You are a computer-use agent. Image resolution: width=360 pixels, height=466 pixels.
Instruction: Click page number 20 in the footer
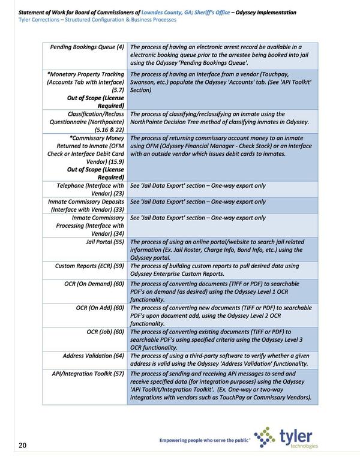(x=22, y=444)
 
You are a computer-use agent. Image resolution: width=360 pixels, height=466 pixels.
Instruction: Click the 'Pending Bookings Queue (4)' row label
(x=87, y=47)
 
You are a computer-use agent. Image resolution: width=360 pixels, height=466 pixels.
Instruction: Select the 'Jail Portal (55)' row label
(x=105, y=242)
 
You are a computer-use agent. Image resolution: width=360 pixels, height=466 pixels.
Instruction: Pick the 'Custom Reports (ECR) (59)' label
(x=89, y=265)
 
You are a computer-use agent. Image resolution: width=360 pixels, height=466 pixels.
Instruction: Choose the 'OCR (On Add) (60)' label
(x=100, y=308)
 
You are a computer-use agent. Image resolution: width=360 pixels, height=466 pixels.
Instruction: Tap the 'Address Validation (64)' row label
(x=93, y=356)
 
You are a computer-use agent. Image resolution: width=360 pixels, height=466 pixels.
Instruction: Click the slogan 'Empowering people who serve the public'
(x=203, y=441)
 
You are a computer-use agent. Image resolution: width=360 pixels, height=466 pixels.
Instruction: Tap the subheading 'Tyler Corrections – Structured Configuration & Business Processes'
(x=97, y=20)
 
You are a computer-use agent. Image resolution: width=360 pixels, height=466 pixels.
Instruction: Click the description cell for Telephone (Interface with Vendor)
(x=198, y=186)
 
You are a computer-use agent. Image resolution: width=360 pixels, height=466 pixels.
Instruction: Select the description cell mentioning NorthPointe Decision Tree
(x=219, y=118)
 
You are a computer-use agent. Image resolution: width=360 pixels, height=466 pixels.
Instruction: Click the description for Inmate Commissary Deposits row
(x=198, y=202)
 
